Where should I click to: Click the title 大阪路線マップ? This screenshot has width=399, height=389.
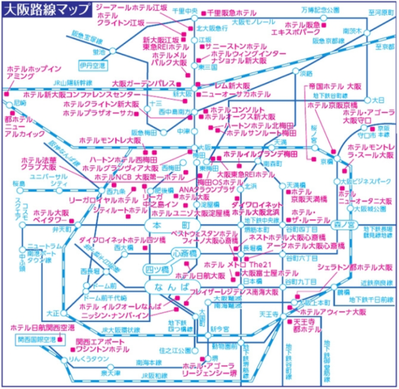46,9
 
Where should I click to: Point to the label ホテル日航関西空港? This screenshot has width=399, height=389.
43,328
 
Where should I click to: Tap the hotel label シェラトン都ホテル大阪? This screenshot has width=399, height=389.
355,268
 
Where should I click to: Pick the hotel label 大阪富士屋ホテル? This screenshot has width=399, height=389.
263,273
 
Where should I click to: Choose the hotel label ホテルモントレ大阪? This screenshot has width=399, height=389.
110,139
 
